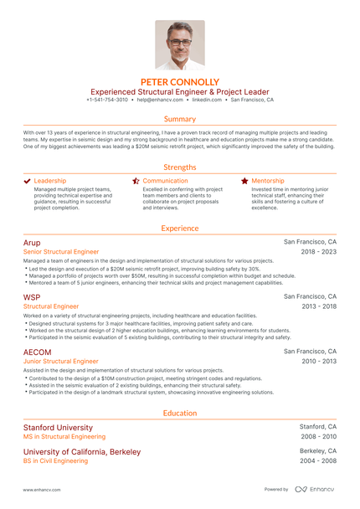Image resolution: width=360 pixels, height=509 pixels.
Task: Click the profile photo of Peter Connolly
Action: tap(180, 44)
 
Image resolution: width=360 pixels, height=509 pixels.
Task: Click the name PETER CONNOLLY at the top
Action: tap(180, 82)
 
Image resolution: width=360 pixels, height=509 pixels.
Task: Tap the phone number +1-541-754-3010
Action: tap(107, 100)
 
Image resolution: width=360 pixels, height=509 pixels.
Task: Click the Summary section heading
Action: tap(180, 119)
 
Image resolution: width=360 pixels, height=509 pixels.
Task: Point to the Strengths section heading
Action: tap(180, 167)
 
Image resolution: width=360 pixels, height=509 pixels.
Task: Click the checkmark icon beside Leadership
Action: tap(28, 181)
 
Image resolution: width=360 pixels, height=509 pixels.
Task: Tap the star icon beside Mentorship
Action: tap(244, 181)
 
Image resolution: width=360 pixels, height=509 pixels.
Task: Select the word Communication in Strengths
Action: tap(166, 181)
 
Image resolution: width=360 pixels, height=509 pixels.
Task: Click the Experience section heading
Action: tap(180, 228)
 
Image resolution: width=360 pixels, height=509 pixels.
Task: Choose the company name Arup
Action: tap(31, 241)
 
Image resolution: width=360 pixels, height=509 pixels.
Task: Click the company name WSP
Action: tap(31, 296)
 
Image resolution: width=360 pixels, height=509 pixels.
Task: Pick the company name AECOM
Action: tap(37, 352)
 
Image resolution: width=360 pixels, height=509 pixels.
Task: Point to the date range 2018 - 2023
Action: tap(319, 251)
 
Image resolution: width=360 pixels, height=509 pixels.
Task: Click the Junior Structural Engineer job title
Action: tap(61, 362)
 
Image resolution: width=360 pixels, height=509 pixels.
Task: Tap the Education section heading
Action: tap(180, 413)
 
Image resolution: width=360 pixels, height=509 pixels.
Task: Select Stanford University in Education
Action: tap(58, 427)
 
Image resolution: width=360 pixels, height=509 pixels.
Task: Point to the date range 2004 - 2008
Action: tap(318, 460)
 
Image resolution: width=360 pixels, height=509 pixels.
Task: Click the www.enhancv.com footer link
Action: tap(39, 490)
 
